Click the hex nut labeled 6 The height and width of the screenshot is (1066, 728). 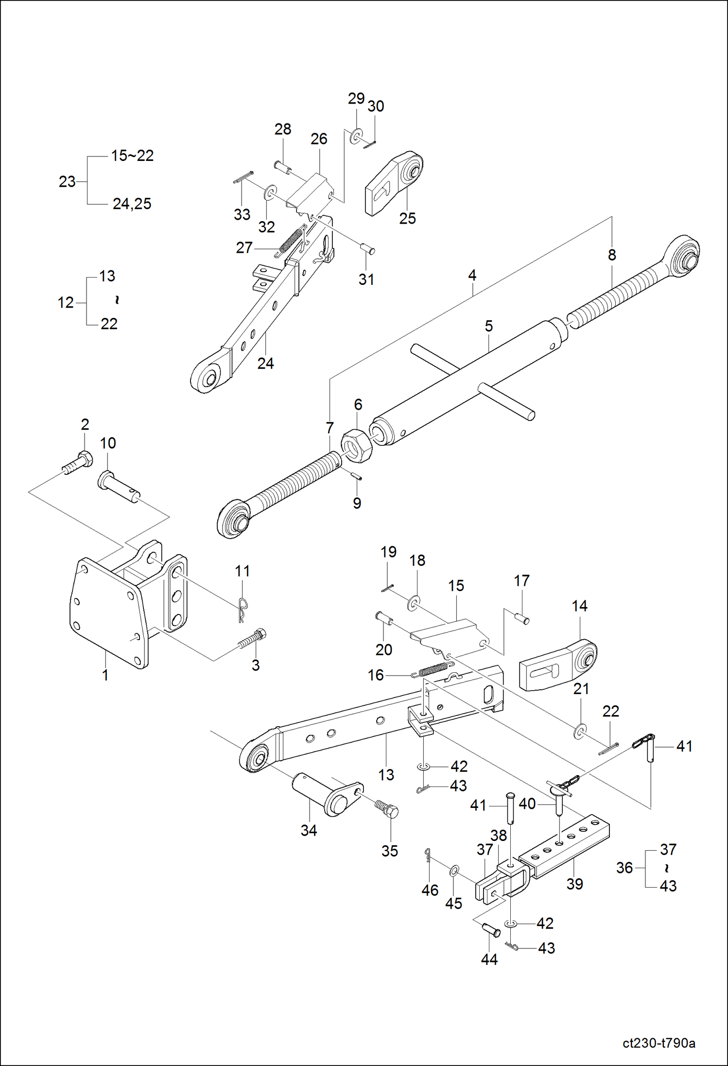point(356,446)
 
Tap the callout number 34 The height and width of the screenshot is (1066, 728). point(309,831)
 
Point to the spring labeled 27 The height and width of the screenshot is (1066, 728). point(291,241)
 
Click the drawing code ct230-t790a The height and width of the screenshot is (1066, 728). point(659,1043)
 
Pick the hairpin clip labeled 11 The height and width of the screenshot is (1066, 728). point(243,609)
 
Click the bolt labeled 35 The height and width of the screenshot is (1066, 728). point(387,809)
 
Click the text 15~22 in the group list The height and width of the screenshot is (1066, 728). point(132,156)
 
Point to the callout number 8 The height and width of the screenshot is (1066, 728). point(611,255)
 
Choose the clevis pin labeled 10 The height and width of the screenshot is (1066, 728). point(119,487)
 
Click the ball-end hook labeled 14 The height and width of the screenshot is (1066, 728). point(559,665)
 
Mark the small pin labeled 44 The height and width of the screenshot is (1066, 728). point(491,930)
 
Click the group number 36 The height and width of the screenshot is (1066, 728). point(624,868)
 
